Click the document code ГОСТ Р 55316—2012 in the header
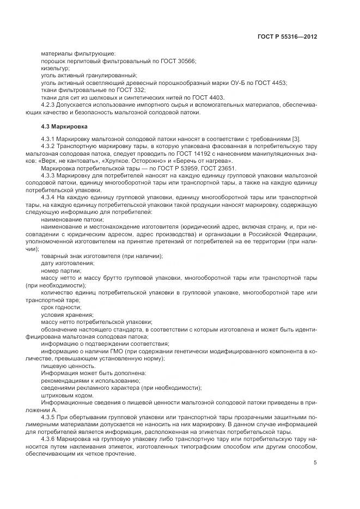[x=287, y=36]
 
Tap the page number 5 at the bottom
[x=315, y=463]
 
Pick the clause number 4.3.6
[x=49, y=438]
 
